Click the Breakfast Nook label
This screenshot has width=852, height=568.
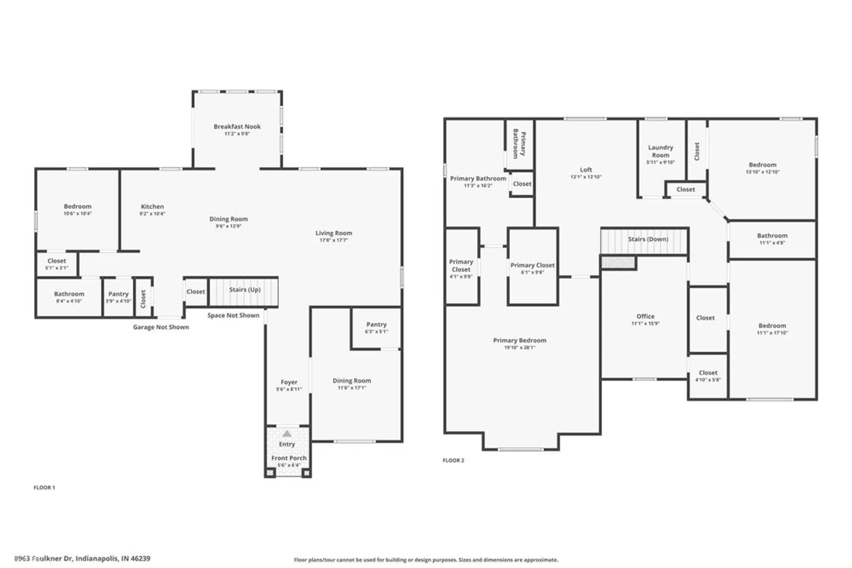(237, 126)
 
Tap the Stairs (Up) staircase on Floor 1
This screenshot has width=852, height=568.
(244, 291)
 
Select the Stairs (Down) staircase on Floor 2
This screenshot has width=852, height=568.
(644, 241)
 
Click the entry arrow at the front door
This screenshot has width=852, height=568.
(287, 434)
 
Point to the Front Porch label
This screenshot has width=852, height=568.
(288, 458)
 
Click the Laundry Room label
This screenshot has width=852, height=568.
(660, 151)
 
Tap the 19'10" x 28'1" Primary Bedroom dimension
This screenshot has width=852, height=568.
(519, 348)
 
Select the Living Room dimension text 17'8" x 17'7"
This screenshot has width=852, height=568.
(334, 241)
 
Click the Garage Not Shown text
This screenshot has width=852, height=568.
(161, 327)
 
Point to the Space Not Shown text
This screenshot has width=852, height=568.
(233, 316)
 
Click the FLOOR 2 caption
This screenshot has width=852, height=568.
(453, 460)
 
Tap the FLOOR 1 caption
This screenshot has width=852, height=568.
(44, 488)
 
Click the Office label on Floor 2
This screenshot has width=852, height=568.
(645, 316)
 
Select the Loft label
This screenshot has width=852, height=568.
(586, 169)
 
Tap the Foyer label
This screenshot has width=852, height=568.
(289, 382)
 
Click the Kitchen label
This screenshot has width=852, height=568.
(152, 207)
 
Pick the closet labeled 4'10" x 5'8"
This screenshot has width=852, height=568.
(708, 376)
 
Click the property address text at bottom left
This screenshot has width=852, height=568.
(82, 558)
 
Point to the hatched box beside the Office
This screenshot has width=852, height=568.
(618, 262)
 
